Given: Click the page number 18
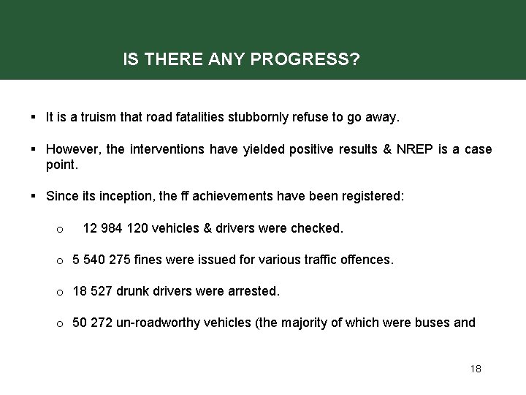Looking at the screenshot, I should pyautogui.click(x=475, y=369).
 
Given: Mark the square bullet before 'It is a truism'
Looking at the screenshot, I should pyautogui.click(x=34, y=116).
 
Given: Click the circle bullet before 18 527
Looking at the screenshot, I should pyautogui.click(x=59, y=292).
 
